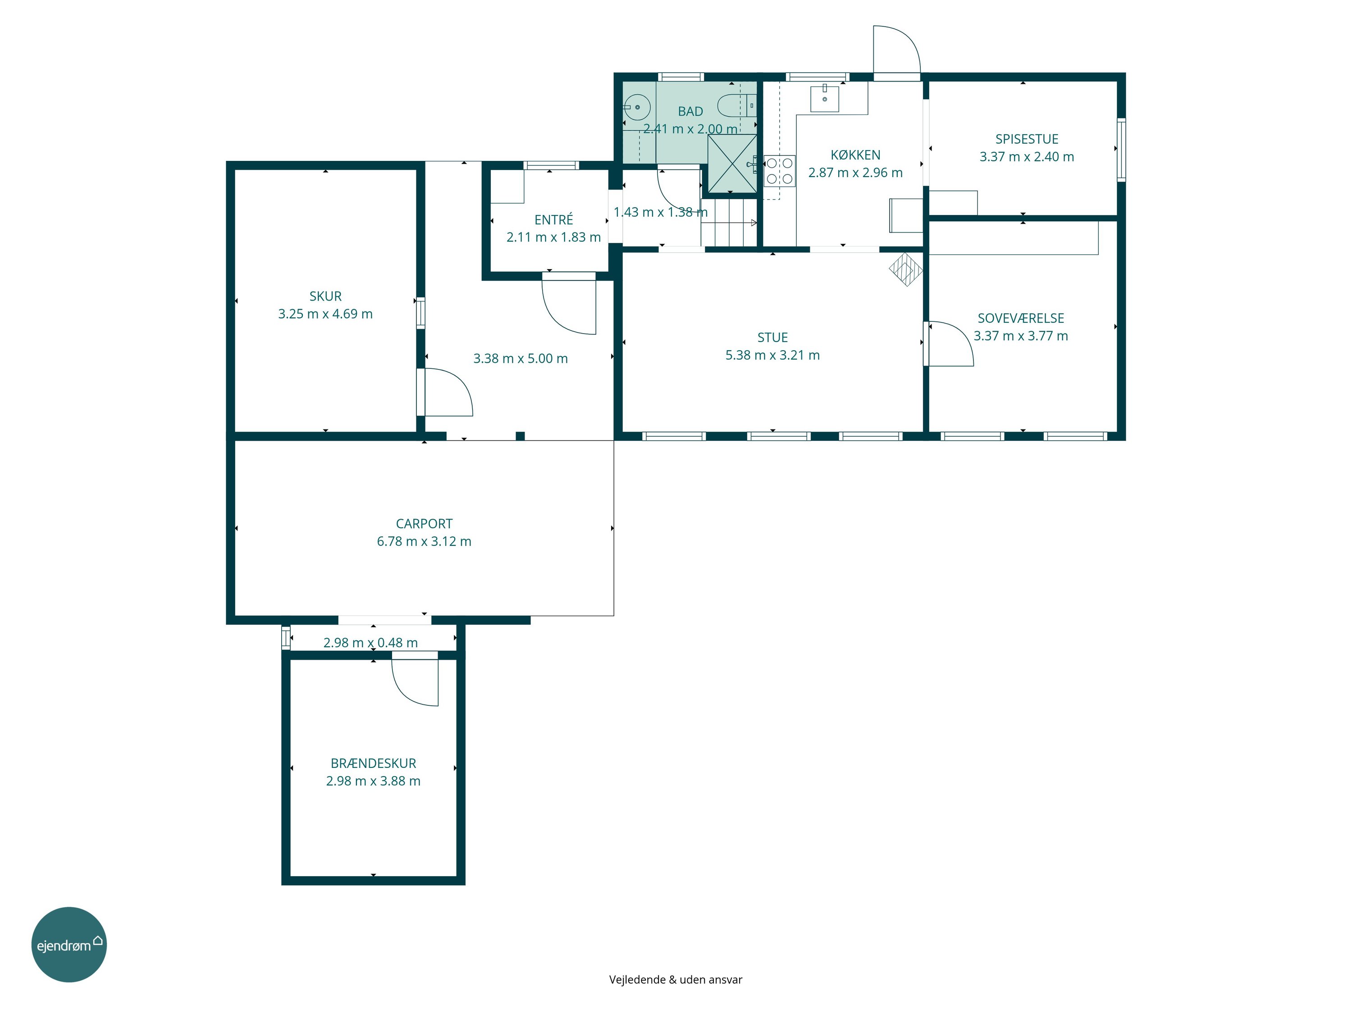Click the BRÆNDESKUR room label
click(374, 763)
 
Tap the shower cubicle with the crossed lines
click(731, 163)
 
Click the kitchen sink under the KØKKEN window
click(825, 98)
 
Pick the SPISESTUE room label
click(1027, 139)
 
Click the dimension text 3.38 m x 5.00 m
click(521, 359)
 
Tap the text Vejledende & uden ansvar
click(676, 980)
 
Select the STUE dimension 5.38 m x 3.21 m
click(772, 356)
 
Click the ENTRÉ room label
click(554, 219)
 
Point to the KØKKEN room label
click(856, 155)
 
